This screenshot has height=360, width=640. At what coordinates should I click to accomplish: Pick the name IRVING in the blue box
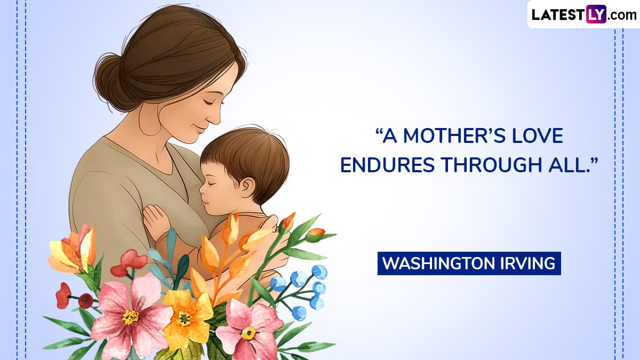pos(528,263)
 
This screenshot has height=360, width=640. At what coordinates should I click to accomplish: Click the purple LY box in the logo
pos(596,14)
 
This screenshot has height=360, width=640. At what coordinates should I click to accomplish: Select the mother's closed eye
pos(211,102)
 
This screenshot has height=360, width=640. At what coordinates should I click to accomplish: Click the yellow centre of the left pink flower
pos(130,317)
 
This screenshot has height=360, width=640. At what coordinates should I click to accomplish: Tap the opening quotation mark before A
pos(378,132)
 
